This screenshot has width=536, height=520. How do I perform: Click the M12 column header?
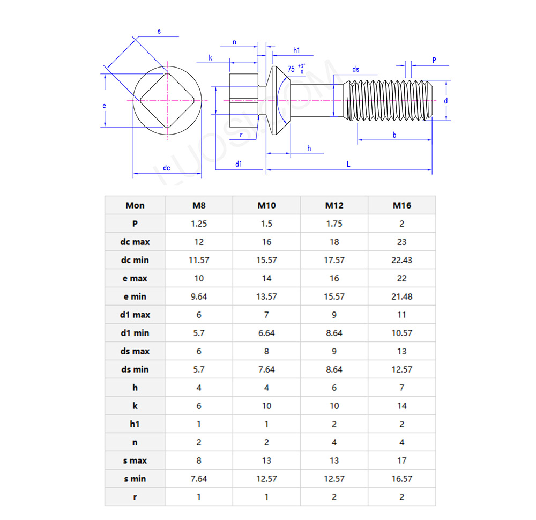pyautogui.click(x=334, y=205)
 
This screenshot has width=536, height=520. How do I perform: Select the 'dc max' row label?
pyautogui.click(x=135, y=242)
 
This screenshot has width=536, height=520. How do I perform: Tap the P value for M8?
pyautogui.click(x=199, y=224)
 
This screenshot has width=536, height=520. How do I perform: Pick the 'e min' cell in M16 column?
pyautogui.click(x=401, y=296)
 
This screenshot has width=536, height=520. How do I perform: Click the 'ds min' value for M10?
pyautogui.click(x=266, y=369)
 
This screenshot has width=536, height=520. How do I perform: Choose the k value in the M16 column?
pyautogui.click(x=401, y=406)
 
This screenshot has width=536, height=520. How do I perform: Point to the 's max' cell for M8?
pyautogui.click(x=199, y=460)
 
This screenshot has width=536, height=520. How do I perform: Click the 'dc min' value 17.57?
pyautogui.click(x=334, y=260)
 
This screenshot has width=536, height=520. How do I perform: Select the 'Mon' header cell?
pyautogui.click(x=135, y=205)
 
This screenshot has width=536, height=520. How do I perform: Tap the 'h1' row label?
pyautogui.click(x=135, y=424)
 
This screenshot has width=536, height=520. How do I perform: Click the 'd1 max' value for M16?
pyautogui.click(x=401, y=315)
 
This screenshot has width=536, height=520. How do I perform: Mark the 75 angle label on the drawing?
pyautogui.click(x=291, y=69)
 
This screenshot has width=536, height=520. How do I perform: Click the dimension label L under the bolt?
pyautogui.click(x=348, y=165)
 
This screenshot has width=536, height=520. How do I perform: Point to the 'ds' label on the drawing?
pyautogui.click(x=355, y=70)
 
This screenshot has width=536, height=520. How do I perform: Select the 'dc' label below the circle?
pyautogui.click(x=167, y=168)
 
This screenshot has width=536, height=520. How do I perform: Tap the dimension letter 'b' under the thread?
pyautogui.click(x=394, y=135)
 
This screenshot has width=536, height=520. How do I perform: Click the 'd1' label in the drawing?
pyautogui.click(x=239, y=164)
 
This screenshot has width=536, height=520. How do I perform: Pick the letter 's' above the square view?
pyautogui.click(x=159, y=32)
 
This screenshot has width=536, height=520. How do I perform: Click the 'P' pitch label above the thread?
pyautogui.click(x=434, y=60)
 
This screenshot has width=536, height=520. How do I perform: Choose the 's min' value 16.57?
pyautogui.click(x=401, y=479)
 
